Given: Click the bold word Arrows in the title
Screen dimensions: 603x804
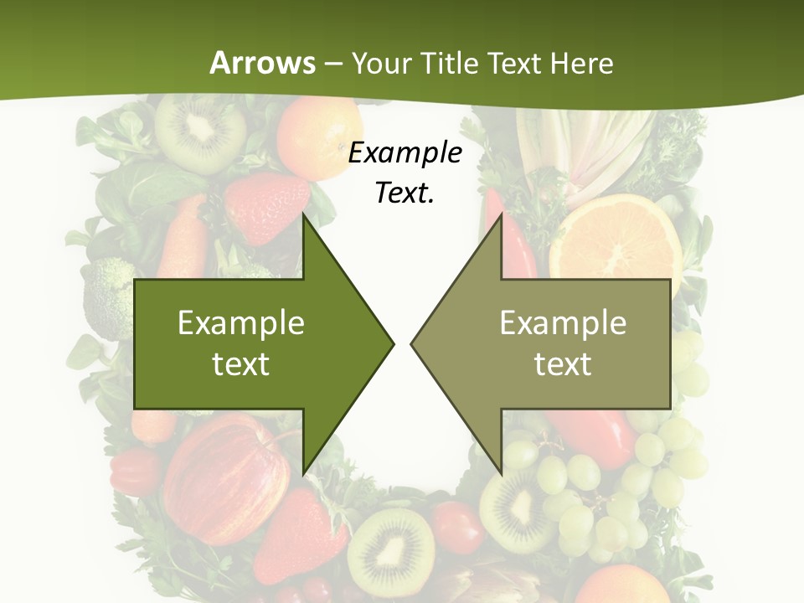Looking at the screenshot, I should [x=261, y=63].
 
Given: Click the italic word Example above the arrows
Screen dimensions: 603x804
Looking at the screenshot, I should [x=405, y=153].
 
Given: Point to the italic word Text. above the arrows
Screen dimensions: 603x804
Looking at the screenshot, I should [x=405, y=193].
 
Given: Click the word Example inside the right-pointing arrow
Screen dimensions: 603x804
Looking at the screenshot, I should [x=241, y=322].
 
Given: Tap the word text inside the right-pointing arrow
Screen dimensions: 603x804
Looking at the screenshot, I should [x=241, y=363].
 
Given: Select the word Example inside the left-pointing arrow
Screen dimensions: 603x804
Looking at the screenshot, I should [x=563, y=322].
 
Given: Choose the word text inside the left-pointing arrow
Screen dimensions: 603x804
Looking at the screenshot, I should [x=563, y=363].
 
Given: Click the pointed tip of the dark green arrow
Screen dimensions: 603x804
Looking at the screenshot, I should [x=392, y=343].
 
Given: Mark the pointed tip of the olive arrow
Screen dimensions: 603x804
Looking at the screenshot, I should [x=413, y=343].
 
